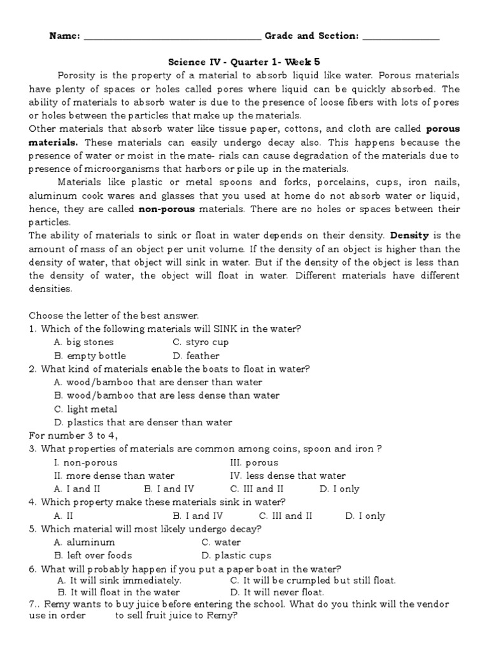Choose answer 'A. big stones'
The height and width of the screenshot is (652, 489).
(x=84, y=343)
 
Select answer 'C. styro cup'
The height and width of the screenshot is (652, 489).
(x=201, y=343)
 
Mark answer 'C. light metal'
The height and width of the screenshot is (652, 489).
(x=86, y=409)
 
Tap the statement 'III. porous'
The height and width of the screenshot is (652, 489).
(x=254, y=463)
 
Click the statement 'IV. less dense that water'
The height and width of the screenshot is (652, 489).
(x=288, y=476)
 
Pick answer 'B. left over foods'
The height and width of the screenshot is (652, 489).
(x=93, y=555)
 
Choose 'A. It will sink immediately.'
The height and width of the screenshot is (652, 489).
(x=119, y=580)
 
